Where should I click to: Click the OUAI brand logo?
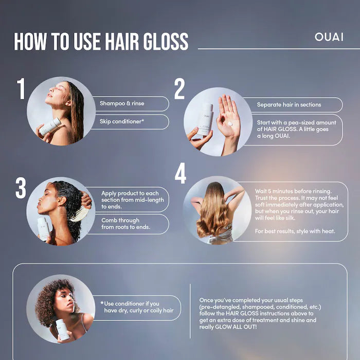click(329, 37)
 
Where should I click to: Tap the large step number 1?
click(21, 88)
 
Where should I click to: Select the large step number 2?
click(179, 88)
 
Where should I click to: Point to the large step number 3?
click(21, 188)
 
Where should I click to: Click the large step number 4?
click(180, 173)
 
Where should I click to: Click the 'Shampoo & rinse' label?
click(122, 103)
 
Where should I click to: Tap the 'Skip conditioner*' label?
click(122, 121)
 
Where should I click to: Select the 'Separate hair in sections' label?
click(289, 105)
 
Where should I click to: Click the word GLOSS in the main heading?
click(166, 41)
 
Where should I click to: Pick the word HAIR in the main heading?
click(122, 41)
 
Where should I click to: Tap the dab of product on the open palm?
click(230, 124)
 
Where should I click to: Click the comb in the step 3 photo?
click(80, 214)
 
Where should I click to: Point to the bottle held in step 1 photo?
click(50, 127)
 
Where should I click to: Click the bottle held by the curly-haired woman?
click(62, 330)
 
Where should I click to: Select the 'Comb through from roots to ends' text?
click(125, 224)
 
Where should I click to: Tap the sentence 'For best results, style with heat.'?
click(295, 231)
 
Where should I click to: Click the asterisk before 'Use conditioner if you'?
click(102, 303)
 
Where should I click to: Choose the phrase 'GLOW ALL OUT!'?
click(236, 327)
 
